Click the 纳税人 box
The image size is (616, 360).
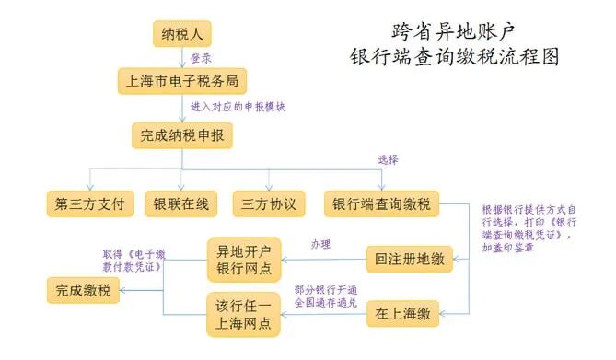tap(182, 35)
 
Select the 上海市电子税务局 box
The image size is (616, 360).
tap(182, 81)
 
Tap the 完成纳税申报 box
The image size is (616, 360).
tap(181, 137)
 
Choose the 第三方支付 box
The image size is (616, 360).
tap(91, 203)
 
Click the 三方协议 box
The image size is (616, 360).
tap(269, 203)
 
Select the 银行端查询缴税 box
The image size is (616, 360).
tap(381, 203)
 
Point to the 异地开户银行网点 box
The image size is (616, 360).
tap(244, 261)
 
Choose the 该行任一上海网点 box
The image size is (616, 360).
tap(244, 315)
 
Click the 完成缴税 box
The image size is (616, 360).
tap(85, 291)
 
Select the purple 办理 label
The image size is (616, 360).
tap(320, 244)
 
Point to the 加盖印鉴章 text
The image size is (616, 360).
tap(507, 249)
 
